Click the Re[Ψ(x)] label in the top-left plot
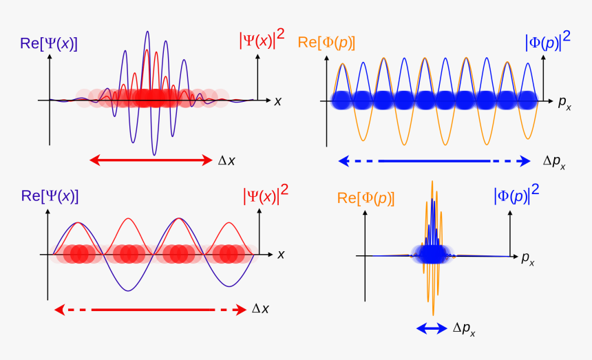(48, 43)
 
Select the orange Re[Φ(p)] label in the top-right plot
(326, 43)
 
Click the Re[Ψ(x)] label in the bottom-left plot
(50, 195)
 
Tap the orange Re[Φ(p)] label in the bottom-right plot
(366, 198)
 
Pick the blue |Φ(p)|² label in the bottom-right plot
(516, 195)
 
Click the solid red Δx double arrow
(151, 160)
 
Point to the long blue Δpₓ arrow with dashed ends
(434, 161)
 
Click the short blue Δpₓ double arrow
(432, 329)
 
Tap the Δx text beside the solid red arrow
(227, 161)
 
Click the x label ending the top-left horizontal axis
(278, 101)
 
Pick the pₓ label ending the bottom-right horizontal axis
(528, 259)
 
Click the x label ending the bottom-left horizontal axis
(281, 254)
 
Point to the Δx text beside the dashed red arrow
(260, 309)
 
